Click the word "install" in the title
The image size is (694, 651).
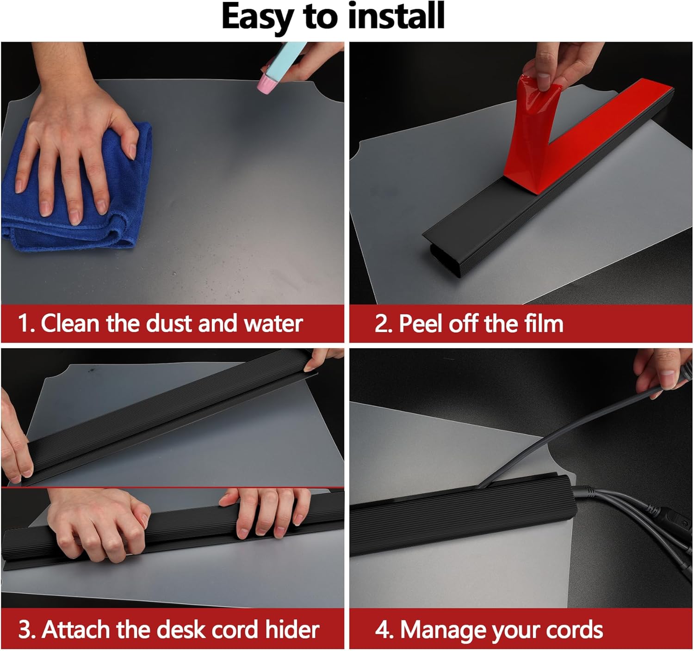point(396,16)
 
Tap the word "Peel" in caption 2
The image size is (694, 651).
point(421,323)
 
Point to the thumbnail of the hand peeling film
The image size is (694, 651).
point(520,173)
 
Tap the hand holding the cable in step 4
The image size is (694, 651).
point(662,374)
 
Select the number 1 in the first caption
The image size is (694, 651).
point(24,323)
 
